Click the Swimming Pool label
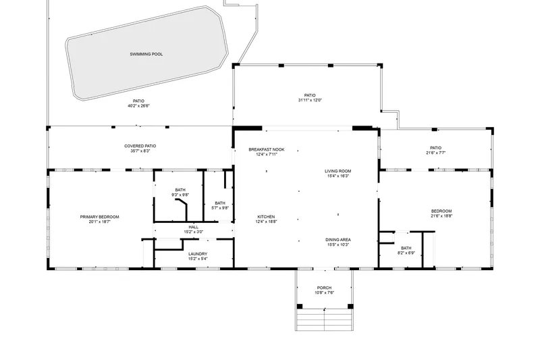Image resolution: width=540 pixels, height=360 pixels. coord(146,54)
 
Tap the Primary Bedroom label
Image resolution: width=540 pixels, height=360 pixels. coord(99,217)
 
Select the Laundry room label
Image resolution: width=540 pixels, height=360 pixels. coord(198,254)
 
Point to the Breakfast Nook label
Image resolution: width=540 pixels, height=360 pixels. coord(267,149)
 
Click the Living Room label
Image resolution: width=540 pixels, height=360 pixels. coord(338,171)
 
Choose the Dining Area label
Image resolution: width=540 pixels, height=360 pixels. coord(338,240)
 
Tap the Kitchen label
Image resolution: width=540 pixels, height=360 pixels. coord(266,217)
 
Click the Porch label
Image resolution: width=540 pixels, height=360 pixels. coord(324,288)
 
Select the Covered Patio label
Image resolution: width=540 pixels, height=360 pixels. coord(140,146)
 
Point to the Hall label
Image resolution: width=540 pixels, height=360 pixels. coord(194,228)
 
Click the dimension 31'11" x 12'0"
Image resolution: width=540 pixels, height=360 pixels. coord(310,100)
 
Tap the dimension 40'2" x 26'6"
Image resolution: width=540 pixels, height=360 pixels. coord(138,106)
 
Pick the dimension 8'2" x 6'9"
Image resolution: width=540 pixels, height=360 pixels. coord(406,253)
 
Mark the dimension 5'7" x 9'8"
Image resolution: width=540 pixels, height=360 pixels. coord(220,208)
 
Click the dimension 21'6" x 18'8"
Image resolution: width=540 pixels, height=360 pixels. coord(441,216)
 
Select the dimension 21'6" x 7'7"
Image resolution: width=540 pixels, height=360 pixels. coord(435,153)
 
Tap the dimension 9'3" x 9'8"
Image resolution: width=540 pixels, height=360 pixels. coord(180,195)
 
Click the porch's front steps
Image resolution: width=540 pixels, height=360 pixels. coord(325,319)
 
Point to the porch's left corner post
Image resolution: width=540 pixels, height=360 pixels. coord(300,306)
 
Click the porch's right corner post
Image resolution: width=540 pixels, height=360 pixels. coord(350,306)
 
